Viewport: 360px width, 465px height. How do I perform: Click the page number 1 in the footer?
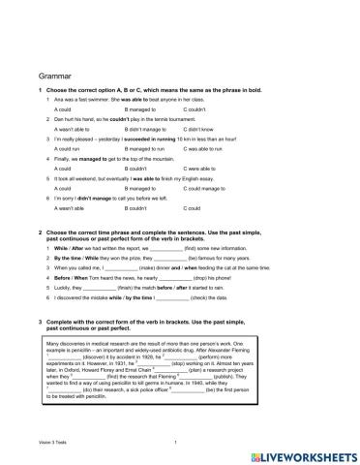(x=173, y=442)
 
